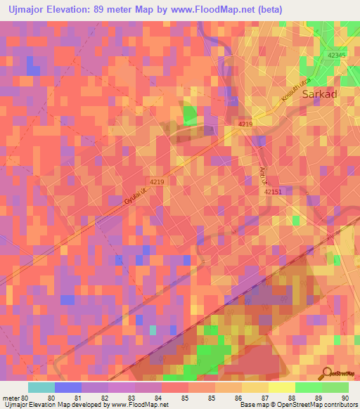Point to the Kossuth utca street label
[294, 93]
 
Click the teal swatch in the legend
[41, 387]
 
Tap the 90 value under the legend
[345, 398]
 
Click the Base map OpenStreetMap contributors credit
[297, 405]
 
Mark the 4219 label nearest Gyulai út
[156, 182]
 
